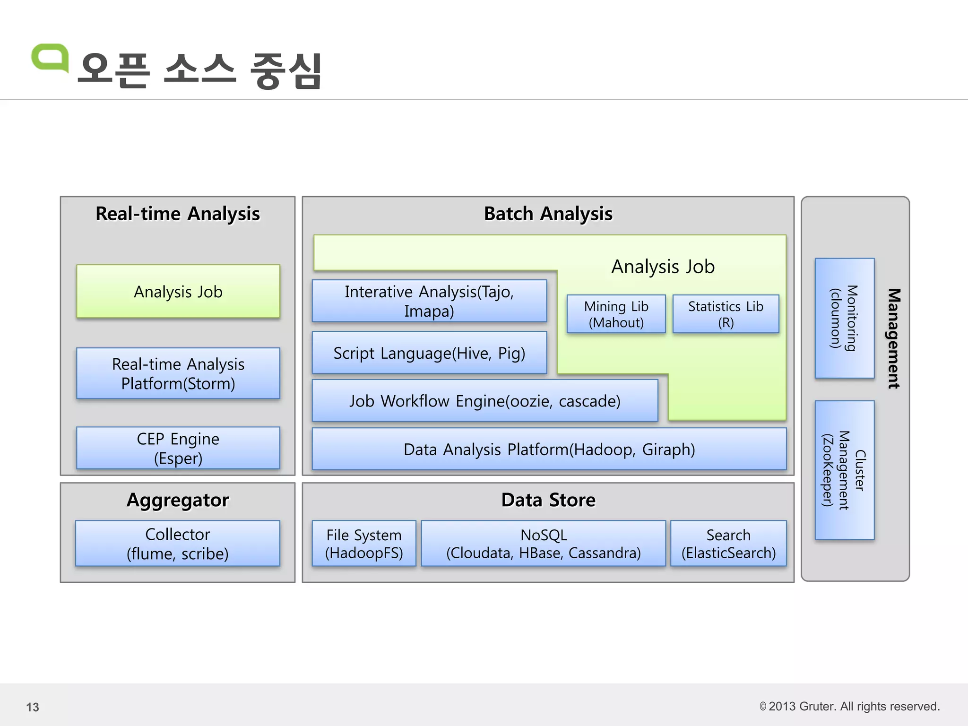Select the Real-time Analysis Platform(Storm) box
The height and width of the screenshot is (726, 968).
click(178, 373)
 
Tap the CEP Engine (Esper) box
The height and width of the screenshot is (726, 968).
click(178, 448)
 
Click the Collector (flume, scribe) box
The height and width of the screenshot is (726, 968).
click(178, 544)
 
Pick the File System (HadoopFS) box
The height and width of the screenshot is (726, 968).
click(364, 544)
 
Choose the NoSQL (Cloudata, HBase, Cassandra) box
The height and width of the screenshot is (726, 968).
click(544, 544)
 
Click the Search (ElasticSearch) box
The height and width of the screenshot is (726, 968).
click(728, 544)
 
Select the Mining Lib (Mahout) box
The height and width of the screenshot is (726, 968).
click(616, 314)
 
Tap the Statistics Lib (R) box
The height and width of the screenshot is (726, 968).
click(726, 314)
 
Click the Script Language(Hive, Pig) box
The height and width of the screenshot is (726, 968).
click(429, 353)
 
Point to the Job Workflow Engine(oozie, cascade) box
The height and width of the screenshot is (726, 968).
click(485, 401)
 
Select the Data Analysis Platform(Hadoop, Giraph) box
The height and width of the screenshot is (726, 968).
click(549, 449)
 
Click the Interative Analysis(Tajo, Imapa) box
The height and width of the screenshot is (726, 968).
click(429, 301)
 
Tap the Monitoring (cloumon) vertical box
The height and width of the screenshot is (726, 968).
click(845, 318)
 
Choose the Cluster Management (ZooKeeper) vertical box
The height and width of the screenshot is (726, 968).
click(845, 470)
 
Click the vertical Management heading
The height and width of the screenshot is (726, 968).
click(893, 338)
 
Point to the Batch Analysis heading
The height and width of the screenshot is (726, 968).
click(548, 214)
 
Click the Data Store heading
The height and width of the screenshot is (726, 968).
click(548, 500)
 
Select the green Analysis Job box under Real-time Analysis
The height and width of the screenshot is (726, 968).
click(178, 292)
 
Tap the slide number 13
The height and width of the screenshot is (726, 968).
click(33, 707)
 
